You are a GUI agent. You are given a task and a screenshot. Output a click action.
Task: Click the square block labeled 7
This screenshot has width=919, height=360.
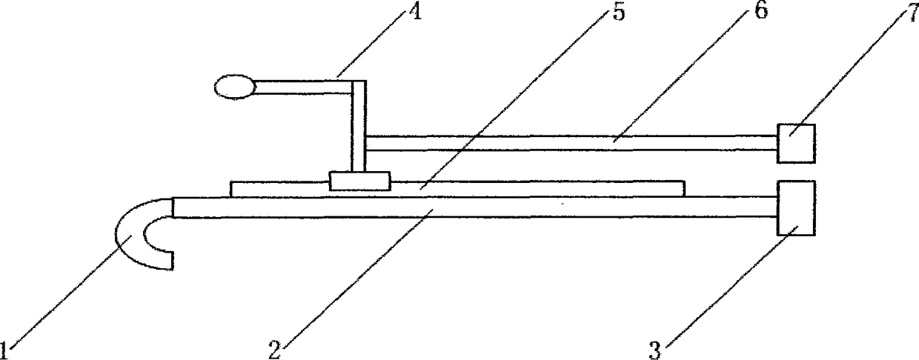[796, 143]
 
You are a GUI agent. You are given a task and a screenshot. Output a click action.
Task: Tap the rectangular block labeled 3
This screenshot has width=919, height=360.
[796, 207]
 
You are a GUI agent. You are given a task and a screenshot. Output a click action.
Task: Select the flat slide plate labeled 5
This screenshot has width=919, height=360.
[519, 189]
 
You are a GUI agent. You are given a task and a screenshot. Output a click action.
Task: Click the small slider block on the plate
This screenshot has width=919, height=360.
[359, 181]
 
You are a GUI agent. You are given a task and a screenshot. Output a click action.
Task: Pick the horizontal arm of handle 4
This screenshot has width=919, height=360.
[304, 87]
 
